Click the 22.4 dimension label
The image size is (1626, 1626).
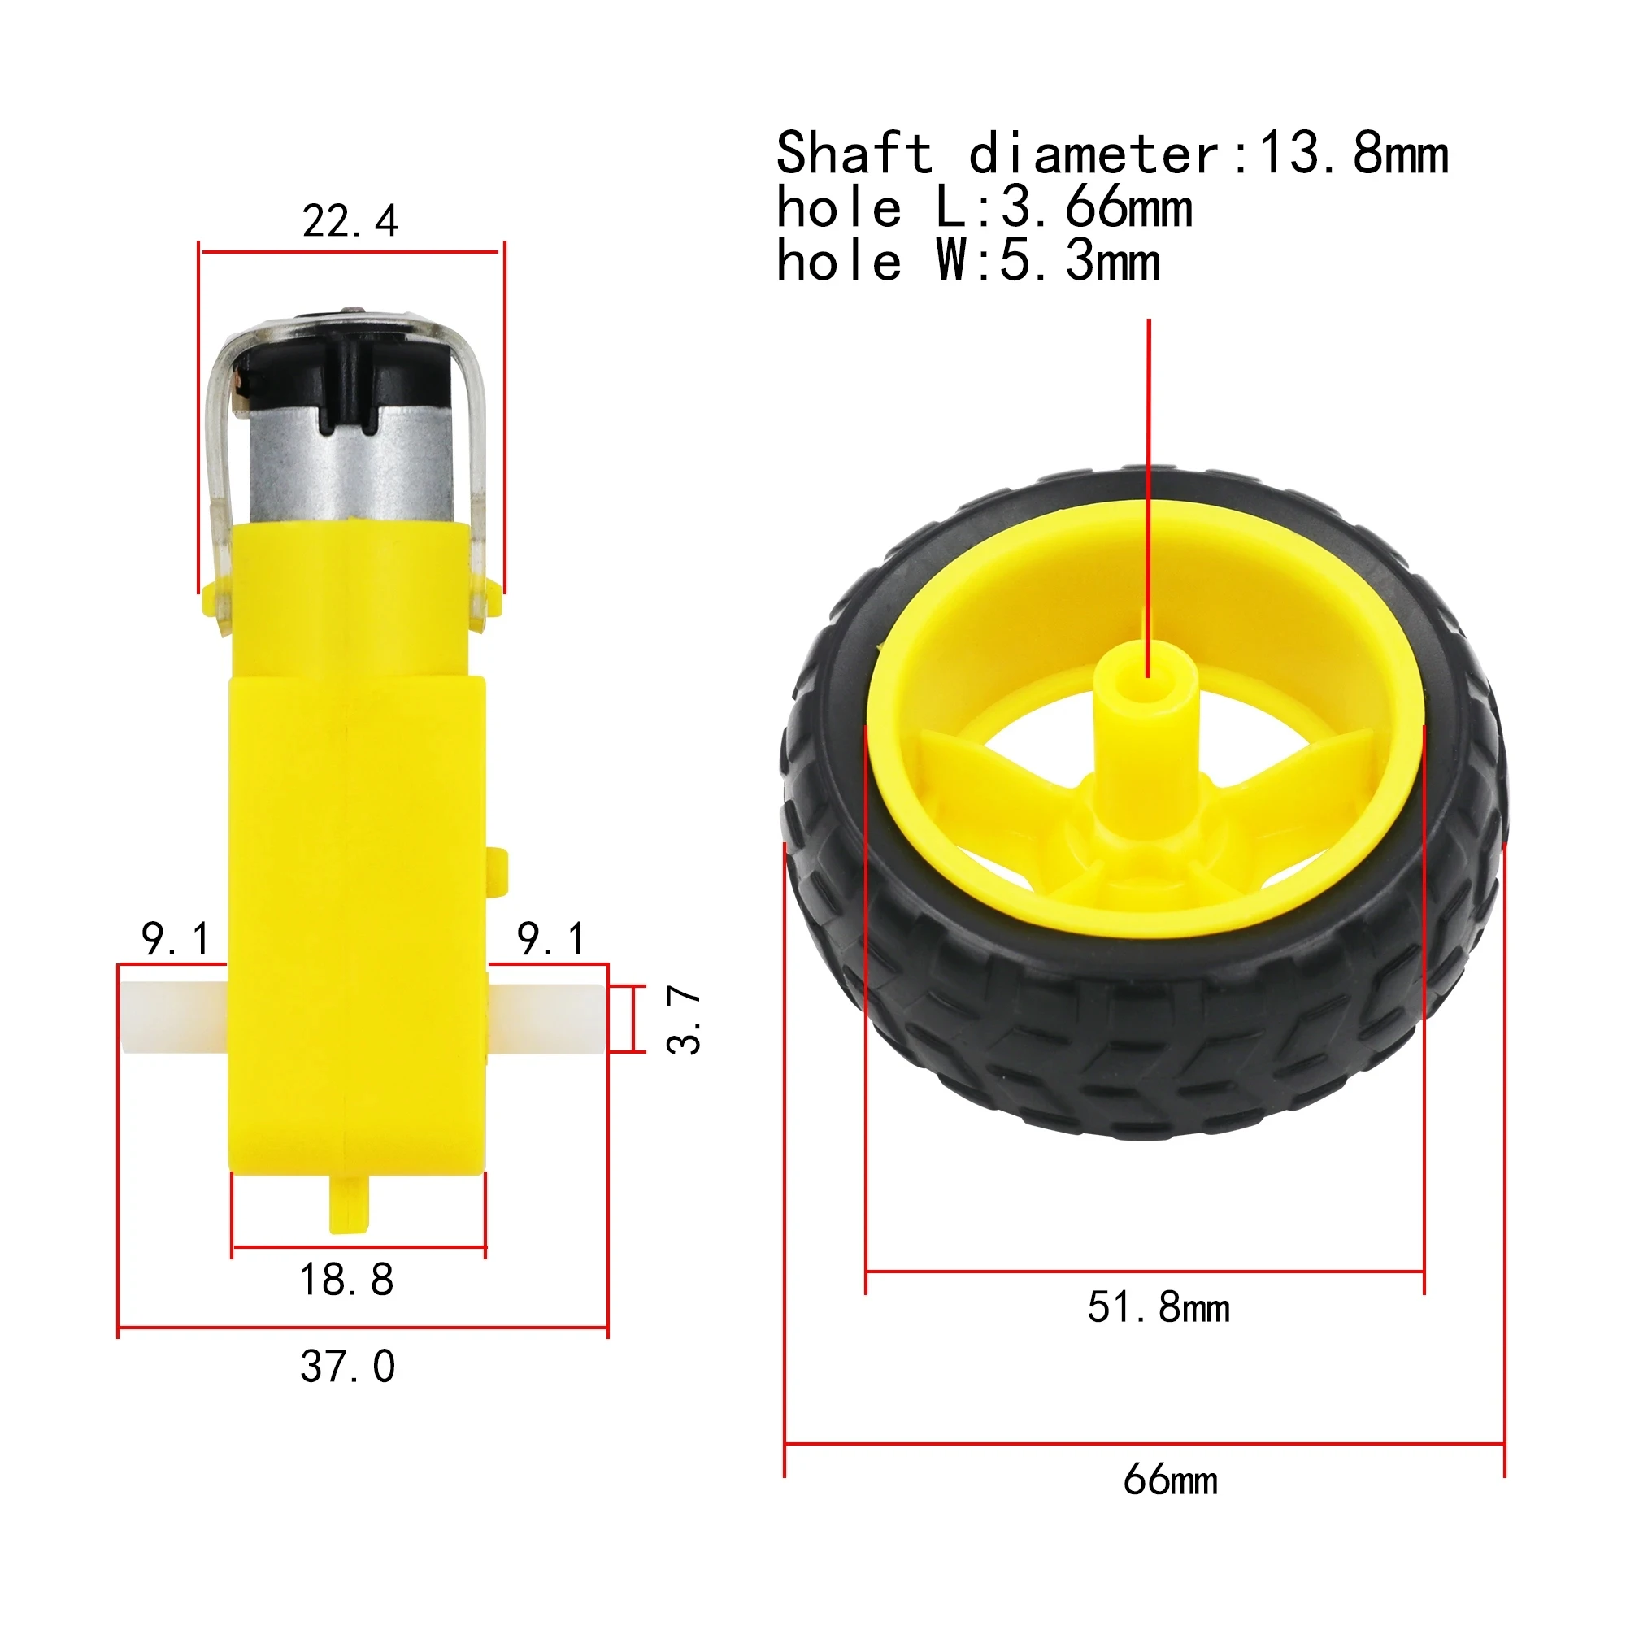[x=350, y=222]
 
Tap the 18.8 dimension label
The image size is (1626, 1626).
[x=347, y=1280]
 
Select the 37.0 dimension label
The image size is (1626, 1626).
[x=348, y=1366]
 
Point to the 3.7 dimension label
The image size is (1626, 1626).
[x=684, y=1020]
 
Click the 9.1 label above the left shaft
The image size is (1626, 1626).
[x=175, y=938]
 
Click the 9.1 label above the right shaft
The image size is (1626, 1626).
[x=551, y=938]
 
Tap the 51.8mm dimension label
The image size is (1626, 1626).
[x=1158, y=1308]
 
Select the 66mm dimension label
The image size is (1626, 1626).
[x=1170, y=1480]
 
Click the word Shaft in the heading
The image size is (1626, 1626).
[x=854, y=154]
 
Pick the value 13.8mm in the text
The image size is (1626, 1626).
[x=1353, y=154]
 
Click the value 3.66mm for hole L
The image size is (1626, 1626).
[x=1097, y=208]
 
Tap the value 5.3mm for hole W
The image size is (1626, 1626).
[x=1080, y=262]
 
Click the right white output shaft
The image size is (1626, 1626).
[x=547, y=1019]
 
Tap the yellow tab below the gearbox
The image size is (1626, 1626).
[x=349, y=1204]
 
